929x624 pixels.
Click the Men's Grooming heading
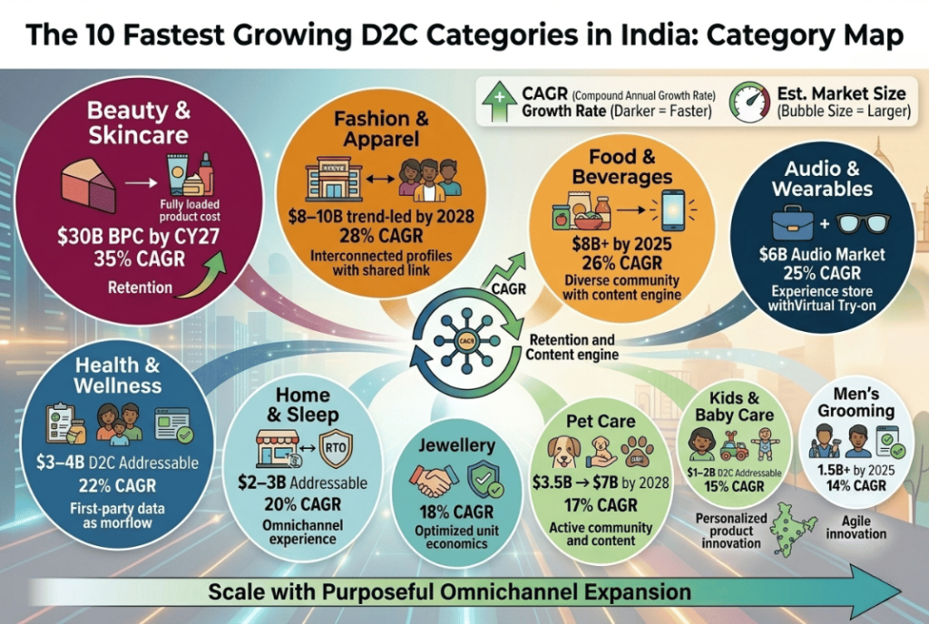856,402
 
